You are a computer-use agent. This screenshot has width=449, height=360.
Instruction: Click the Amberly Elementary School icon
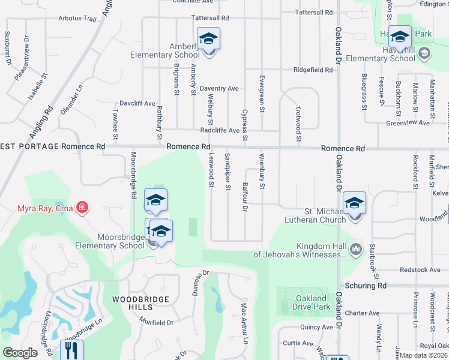[x=209, y=39]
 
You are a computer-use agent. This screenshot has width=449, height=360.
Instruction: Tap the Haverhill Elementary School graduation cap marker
[x=400, y=37]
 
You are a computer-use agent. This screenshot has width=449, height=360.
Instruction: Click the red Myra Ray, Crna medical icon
[x=82, y=208]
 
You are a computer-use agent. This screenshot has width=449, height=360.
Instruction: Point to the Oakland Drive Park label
[x=312, y=302]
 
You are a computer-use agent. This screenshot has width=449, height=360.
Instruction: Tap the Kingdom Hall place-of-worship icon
[x=356, y=248]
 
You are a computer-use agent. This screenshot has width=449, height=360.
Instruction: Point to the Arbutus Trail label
[x=76, y=19]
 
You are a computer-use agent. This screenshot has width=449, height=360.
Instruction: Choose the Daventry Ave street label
[x=219, y=88]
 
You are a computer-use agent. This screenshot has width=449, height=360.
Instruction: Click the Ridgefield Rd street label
[x=313, y=70]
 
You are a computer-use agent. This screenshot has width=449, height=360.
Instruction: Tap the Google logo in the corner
[x=20, y=353]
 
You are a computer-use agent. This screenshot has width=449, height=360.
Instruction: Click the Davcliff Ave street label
[x=137, y=103]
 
